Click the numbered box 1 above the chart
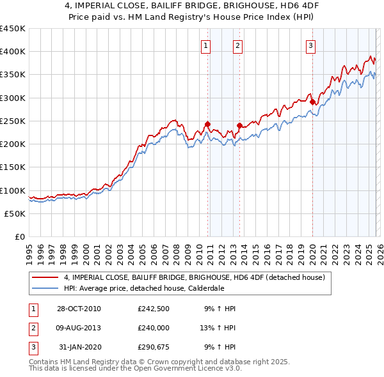pyautogui.click(x=206, y=45)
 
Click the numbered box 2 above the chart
pyautogui.click(x=237, y=45)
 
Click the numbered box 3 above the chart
pyautogui.click(x=310, y=45)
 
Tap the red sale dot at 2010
pyautogui.click(x=208, y=124)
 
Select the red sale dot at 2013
pyautogui.click(x=239, y=126)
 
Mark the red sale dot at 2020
pyautogui.click(x=312, y=102)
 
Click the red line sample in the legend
pyautogui.click(x=45, y=278)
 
